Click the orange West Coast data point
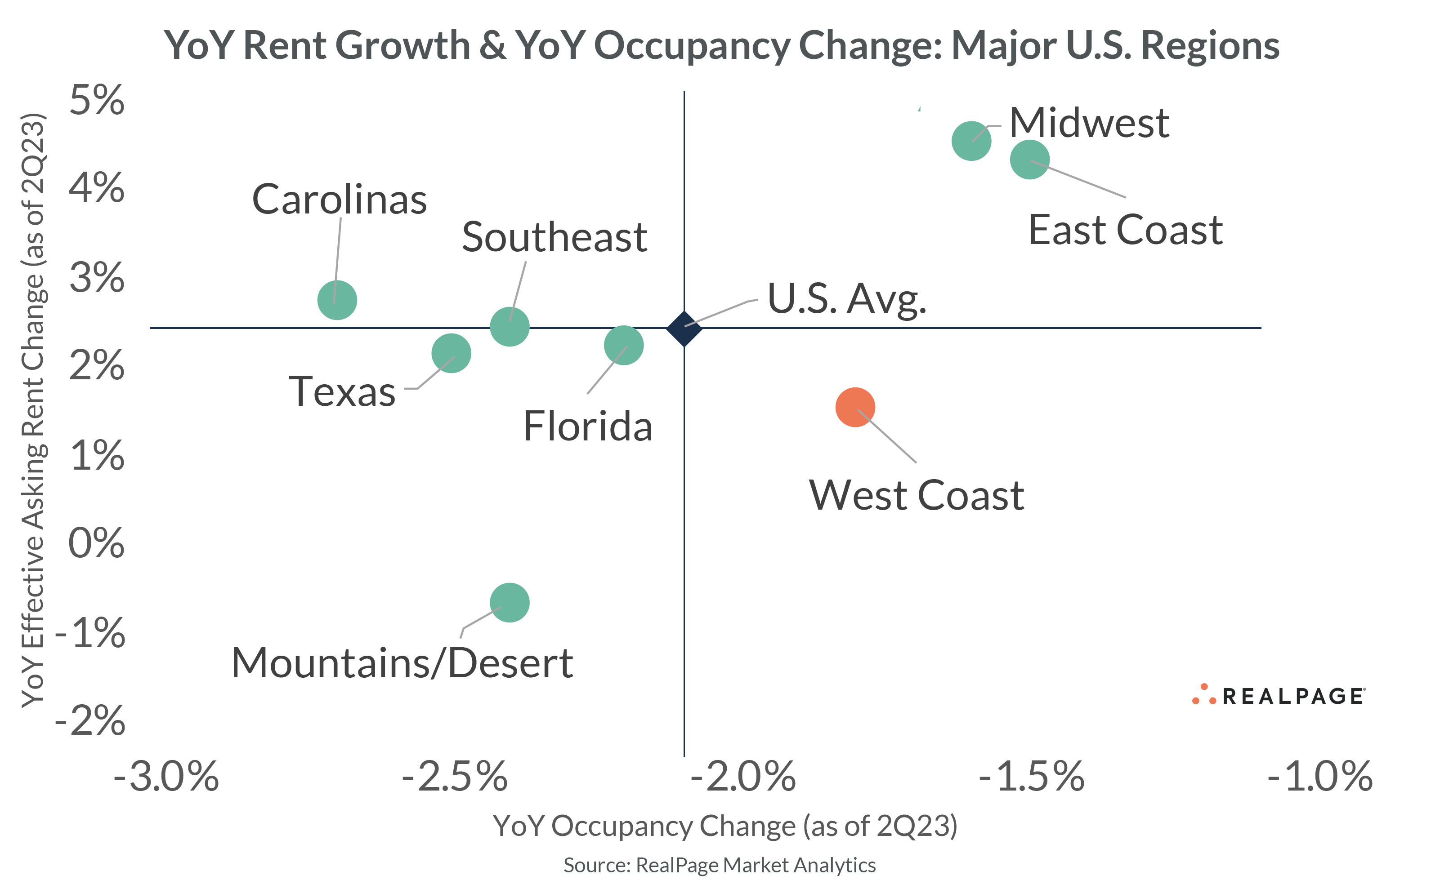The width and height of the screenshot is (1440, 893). (x=854, y=407)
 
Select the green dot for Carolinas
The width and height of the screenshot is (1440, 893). (x=337, y=300)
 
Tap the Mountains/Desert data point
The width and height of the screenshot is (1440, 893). (x=510, y=602)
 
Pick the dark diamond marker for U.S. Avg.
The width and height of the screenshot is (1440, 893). (x=684, y=329)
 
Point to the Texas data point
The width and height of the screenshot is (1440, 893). (x=451, y=353)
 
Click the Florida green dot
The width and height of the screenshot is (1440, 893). (x=623, y=345)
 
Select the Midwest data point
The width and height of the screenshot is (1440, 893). (x=971, y=141)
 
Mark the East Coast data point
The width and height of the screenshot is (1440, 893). (x=1029, y=160)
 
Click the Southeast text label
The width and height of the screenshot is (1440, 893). (x=554, y=237)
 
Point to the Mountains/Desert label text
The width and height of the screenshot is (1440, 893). (x=402, y=662)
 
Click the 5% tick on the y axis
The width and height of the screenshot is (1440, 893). (x=97, y=100)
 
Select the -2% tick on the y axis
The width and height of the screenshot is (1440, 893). (x=90, y=721)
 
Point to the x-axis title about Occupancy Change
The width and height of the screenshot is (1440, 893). (x=724, y=826)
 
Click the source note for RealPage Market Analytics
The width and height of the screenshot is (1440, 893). (x=719, y=865)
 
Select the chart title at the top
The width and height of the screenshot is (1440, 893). (x=721, y=45)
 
